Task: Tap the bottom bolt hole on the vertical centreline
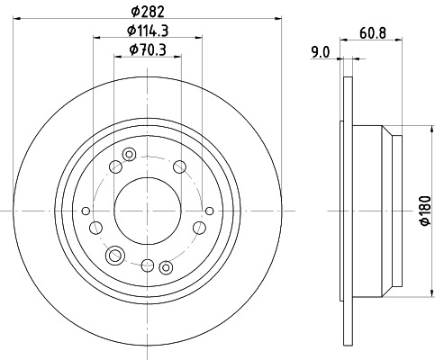coord(147,264)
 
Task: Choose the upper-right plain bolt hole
coord(179,166)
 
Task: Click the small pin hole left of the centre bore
coord(86,211)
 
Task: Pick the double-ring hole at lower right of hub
coord(165,266)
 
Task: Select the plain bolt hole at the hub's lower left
coord(95,228)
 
